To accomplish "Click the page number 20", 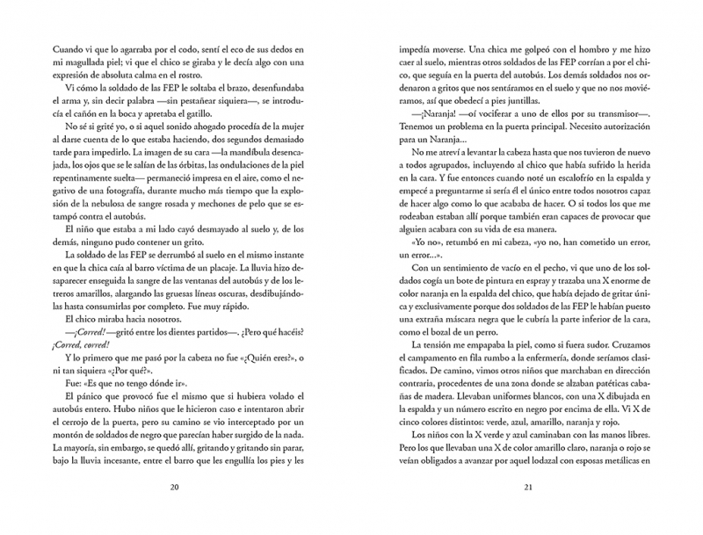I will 174,488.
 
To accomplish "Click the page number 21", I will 528,488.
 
